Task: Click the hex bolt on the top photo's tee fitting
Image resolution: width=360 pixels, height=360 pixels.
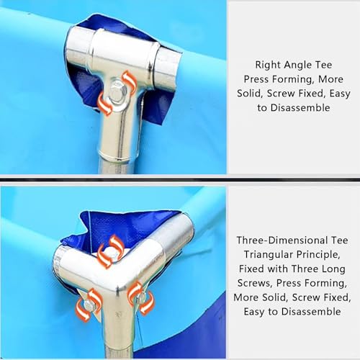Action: pos(118,92)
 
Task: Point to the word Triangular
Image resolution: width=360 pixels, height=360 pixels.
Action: pos(268,255)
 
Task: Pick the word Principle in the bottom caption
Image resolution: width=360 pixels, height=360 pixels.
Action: pos(318,255)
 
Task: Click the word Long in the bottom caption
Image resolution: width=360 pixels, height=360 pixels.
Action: pos(334,269)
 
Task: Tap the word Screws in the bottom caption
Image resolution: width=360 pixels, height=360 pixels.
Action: pos(255,283)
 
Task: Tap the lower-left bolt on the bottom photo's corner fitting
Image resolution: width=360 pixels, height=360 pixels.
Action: pos(89,305)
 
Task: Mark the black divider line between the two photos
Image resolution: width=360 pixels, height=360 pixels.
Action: pos(180,179)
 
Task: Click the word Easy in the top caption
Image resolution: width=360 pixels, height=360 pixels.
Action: pos(340,94)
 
